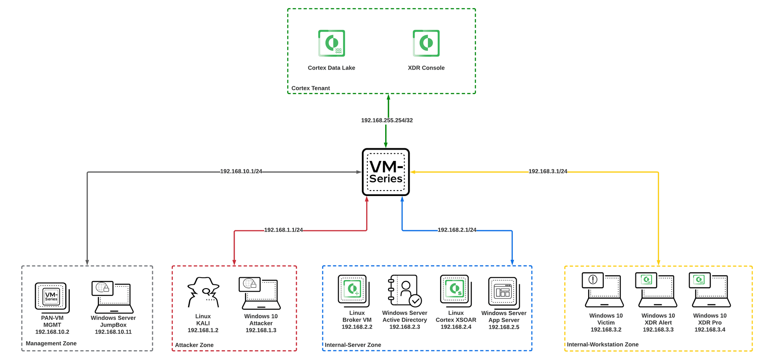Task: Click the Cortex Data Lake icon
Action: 331,43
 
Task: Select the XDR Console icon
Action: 426,43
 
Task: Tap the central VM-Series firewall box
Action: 386,172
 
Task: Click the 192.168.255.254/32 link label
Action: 387,120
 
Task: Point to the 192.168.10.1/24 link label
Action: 241,172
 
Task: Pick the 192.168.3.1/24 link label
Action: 547,172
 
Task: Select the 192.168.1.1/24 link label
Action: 283,230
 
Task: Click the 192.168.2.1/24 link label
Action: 457,230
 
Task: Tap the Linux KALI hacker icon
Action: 203,292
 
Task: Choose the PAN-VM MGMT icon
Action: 52,297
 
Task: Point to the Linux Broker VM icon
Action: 353,290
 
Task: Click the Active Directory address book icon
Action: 405,290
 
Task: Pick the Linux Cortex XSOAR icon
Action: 456,290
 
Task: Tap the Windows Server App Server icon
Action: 504,292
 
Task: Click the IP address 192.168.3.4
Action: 710,330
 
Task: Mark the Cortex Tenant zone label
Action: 310,88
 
